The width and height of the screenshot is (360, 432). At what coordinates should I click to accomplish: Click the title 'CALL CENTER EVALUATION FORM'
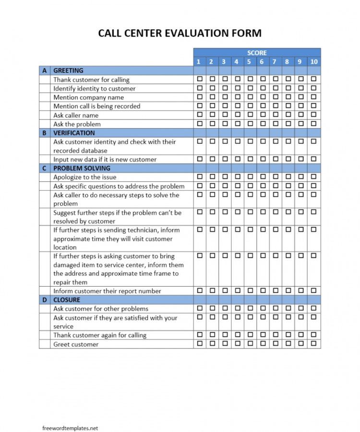click(x=180, y=33)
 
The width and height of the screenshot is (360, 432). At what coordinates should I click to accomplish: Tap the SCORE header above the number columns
click(x=257, y=53)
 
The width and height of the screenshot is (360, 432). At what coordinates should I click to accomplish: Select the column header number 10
click(x=314, y=61)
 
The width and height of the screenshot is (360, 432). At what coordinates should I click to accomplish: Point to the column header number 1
click(x=199, y=61)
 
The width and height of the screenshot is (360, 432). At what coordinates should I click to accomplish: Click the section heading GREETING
click(x=68, y=71)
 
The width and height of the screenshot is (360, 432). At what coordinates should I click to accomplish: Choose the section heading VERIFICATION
click(x=74, y=133)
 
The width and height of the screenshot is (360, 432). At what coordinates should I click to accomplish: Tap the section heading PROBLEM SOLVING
click(x=82, y=168)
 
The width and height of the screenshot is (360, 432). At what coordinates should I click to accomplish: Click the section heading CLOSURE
click(x=67, y=300)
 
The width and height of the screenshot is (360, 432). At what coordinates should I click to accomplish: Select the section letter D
click(x=45, y=300)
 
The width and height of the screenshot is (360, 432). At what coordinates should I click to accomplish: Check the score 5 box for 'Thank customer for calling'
click(x=250, y=79)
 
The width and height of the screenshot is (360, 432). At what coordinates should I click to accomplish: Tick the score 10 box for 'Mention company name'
click(x=313, y=96)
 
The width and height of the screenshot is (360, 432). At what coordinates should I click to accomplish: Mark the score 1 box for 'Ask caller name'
click(x=199, y=114)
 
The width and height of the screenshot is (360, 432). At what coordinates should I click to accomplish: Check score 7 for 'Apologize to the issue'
click(x=275, y=177)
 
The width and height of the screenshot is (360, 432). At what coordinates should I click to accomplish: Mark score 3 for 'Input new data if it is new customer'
click(x=224, y=158)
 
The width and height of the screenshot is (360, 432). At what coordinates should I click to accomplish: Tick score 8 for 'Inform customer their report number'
click(x=288, y=290)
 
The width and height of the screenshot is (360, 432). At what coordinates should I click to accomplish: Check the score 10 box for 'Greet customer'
click(x=313, y=344)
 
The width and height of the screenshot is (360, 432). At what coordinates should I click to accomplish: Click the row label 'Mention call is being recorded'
click(x=96, y=106)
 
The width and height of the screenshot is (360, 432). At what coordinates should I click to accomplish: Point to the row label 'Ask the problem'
click(x=77, y=124)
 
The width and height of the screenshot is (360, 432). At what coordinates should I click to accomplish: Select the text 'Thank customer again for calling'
click(x=100, y=335)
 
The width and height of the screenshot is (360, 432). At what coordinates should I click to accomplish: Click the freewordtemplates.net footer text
click(x=70, y=415)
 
